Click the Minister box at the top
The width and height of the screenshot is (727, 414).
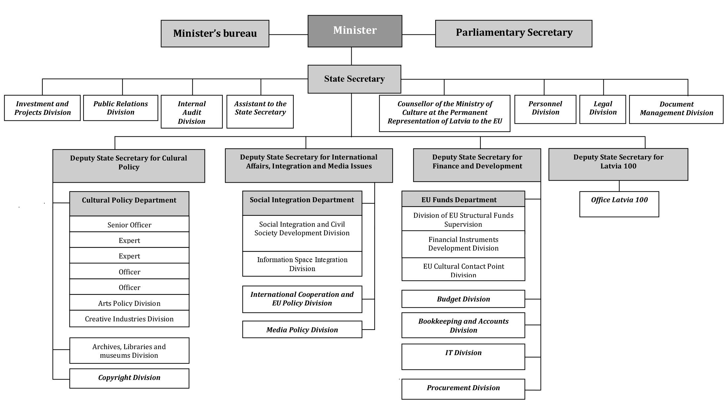pos(355,31)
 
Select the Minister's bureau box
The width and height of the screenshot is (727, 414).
pos(215,33)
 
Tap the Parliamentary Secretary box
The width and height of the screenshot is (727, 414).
pos(514,33)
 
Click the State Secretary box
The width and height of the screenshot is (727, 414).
pos(354,79)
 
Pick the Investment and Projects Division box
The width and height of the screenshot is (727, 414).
pos(42,108)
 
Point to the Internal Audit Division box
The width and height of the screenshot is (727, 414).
pos(192,112)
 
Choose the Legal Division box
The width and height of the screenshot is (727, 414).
pos(603,109)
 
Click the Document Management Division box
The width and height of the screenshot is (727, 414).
pos(676,109)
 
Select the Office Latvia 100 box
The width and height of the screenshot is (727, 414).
pos(619,204)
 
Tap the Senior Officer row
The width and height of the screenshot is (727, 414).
pos(129,224)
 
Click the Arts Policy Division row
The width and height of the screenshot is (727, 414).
pos(129,302)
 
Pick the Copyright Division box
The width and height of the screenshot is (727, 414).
pos(129,378)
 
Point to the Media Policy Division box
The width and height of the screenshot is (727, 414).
pos(302,329)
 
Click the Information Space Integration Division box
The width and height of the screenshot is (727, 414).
pos(302,264)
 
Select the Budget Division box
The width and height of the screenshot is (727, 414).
pos(463,299)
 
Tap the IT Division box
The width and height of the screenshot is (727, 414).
pos(463,357)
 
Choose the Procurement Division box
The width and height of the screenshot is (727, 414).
pos(463,389)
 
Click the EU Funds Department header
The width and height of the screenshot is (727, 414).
pos(463,199)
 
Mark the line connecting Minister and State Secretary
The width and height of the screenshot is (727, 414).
pos(351,56)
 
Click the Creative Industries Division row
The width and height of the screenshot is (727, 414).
pos(129,319)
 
